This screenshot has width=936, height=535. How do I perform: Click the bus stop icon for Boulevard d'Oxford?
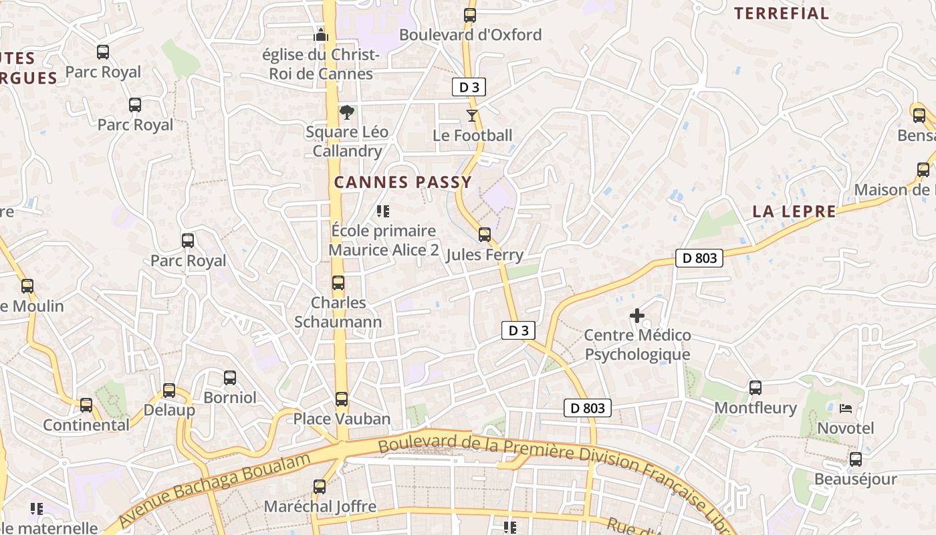click(470, 15)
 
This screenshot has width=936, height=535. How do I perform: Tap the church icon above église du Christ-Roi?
click(321, 34)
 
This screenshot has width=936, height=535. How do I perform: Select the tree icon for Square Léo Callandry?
click(346, 112)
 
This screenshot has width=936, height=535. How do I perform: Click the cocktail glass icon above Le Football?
click(472, 116)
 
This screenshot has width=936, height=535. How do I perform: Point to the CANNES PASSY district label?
click(403, 182)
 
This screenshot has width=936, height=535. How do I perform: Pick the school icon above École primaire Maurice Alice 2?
click(383, 211)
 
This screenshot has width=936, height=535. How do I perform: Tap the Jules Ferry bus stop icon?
click(485, 235)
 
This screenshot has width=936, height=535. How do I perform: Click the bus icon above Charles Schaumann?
click(338, 283)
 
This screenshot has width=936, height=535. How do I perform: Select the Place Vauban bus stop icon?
click(342, 399)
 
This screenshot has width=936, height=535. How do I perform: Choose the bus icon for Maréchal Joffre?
click(320, 487)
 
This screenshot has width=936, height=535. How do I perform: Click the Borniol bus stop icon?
click(230, 378)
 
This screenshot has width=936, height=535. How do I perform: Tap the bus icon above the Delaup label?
click(169, 391)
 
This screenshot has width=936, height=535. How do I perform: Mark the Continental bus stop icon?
click(86, 405)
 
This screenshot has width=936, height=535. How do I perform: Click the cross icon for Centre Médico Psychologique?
click(637, 315)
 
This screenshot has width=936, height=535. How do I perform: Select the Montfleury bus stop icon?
click(755, 388)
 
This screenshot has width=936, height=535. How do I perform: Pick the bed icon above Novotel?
click(846, 408)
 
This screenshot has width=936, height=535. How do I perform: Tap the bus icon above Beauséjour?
click(855, 459)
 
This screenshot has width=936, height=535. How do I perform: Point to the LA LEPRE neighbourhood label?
click(794, 212)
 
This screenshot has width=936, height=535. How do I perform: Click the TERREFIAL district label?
click(782, 13)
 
